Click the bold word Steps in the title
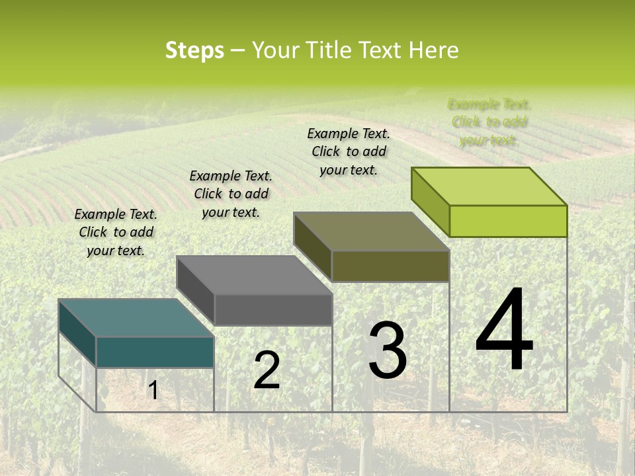tap(194, 50)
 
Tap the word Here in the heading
tap(433, 50)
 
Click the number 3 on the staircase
tap(388, 351)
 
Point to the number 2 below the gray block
tap(267, 370)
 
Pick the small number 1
tap(153, 390)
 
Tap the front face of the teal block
tap(155, 352)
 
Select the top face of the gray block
tap(254, 275)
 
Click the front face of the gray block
tap(273, 309)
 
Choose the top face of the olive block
tap(371, 231)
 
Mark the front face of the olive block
tap(390, 266)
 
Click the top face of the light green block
tap(489, 186)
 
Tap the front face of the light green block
tap(508, 221)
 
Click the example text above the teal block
tap(116, 232)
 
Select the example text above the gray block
tap(231, 194)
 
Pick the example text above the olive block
tap(349, 151)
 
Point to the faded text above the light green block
tap(489, 122)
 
